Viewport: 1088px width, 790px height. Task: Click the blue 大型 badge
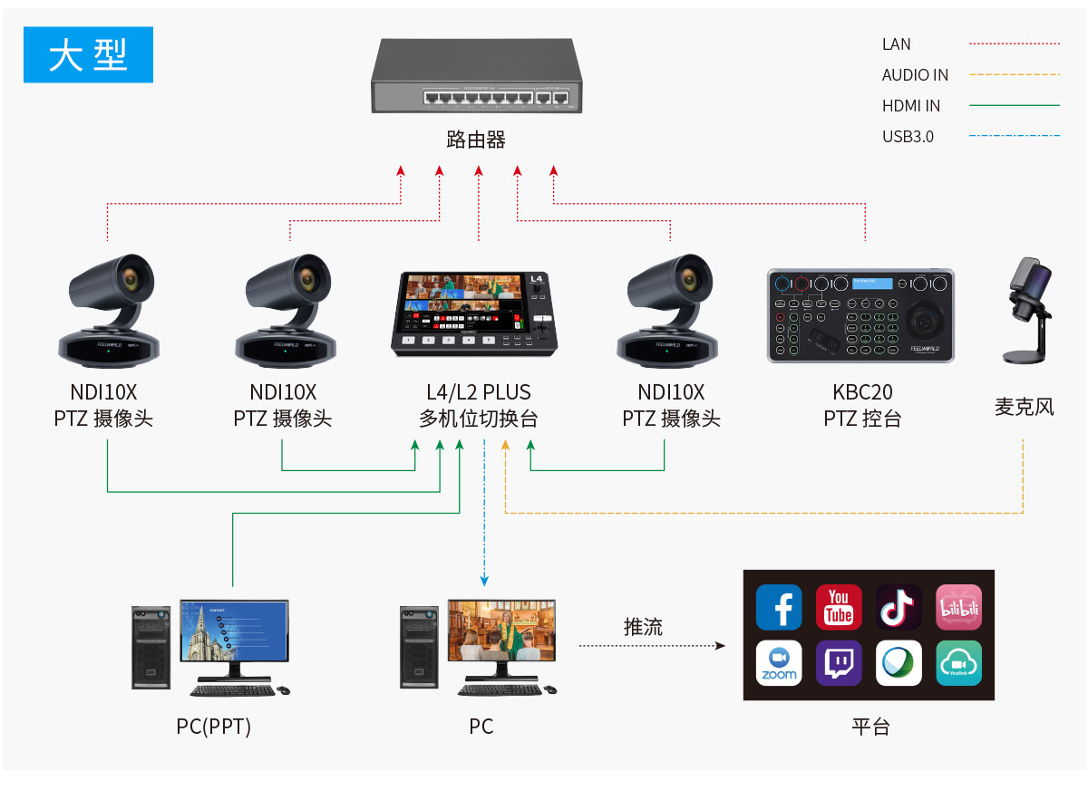point(88,54)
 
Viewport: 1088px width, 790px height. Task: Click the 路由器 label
point(476,140)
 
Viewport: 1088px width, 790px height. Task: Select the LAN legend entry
point(896,44)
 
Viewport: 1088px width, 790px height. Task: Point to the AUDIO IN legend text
point(915,75)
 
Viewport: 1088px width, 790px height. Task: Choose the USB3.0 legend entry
point(908,137)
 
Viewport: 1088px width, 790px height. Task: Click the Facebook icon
point(779,607)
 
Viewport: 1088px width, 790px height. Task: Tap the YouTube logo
point(839,607)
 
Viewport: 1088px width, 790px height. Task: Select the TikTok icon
point(899,607)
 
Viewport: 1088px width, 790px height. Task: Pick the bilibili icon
point(958,607)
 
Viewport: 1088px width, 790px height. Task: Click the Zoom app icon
point(779,663)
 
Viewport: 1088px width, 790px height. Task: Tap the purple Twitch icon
point(839,663)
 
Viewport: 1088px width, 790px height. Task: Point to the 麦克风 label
point(1025,407)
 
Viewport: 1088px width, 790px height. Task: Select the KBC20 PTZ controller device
point(860,316)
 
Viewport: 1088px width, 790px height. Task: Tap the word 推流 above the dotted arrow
point(643,627)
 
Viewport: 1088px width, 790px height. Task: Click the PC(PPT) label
point(213,727)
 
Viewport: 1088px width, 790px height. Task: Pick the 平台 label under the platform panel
point(870,727)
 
